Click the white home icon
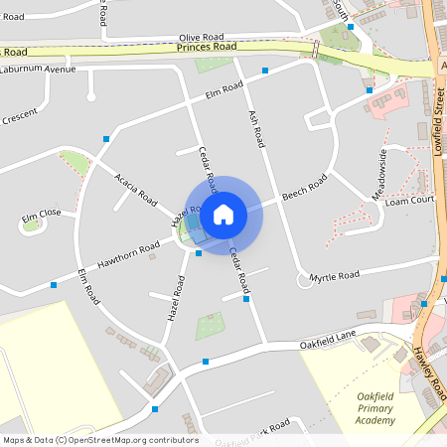(x=223, y=213)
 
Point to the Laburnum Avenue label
(x=38, y=70)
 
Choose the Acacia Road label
(x=136, y=189)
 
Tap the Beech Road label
(x=304, y=188)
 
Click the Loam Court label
(x=410, y=200)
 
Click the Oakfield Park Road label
(x=252, y=433)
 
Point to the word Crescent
(x=18, y=116)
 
